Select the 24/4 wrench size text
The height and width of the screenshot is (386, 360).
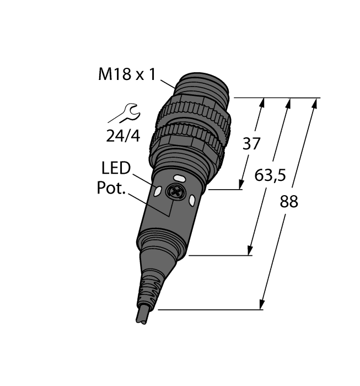(x=123, y=136)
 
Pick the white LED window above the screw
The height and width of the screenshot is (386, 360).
(x=180, y=179)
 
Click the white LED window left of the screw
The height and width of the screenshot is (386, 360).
(x=158, y=192)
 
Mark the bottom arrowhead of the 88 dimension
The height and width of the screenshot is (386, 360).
(x=261, y=305)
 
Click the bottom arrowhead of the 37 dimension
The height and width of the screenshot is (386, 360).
(x=242, y=185)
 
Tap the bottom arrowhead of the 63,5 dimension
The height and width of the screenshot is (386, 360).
(x=251, y=251)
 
